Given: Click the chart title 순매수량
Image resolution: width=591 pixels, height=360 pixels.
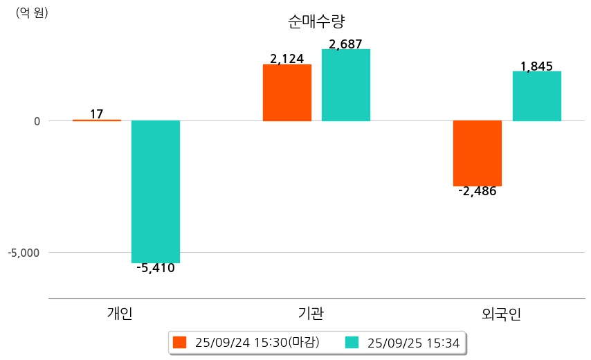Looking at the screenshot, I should tap(316, 21).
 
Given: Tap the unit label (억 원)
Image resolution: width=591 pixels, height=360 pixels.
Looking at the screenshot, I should tap(32, 12).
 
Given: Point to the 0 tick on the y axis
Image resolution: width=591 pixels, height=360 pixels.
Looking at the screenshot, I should tap(36, 121).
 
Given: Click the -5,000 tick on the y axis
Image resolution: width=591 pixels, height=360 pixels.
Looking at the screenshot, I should tap(24, 253).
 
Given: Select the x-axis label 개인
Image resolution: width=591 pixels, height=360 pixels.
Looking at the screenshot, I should tap(120, 314).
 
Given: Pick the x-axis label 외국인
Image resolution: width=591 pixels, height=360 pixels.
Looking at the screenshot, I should tap(501, 314).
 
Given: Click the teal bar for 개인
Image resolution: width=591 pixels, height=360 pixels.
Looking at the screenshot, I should tap(156, 192).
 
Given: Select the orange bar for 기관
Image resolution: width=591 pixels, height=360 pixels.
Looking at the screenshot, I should tap(287, 93).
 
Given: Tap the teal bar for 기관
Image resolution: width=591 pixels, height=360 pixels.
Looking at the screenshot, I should tap(346, 85).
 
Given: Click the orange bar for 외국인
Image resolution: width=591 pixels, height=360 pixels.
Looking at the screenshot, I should tap(478, 153).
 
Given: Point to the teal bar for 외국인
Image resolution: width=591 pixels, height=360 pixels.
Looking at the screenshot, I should tap(536, 96).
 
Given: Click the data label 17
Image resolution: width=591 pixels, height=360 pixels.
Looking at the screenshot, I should tap(97, 114).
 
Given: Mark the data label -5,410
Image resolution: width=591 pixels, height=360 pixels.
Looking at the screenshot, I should tap(156, 268).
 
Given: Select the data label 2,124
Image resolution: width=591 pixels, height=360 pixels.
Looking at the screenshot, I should tap(287, 59).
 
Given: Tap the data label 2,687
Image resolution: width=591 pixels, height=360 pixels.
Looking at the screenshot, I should tap(346, 44).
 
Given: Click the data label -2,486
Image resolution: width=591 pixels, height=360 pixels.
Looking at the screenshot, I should tap(478, 192).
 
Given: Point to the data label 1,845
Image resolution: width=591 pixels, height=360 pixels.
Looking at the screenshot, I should tap(536, 66).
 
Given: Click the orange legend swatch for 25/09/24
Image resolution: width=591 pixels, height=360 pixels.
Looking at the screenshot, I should tap(180, 342).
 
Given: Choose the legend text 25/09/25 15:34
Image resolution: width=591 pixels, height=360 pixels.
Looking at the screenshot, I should tap(414, 342).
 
